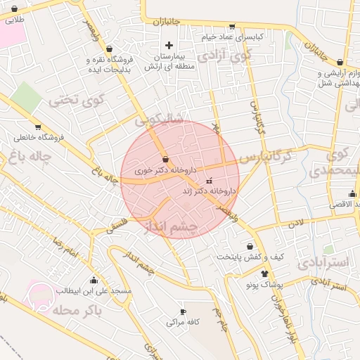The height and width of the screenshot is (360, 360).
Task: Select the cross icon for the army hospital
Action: (169, 45)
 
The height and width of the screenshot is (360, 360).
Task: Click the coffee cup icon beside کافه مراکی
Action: (184, 311)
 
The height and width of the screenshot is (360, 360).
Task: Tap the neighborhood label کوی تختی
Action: (75, 100)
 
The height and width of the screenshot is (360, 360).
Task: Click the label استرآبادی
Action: (323, 263)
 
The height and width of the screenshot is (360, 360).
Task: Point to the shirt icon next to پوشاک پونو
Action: (264, 274)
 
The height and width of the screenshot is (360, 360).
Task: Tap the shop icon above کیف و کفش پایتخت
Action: (231, 245)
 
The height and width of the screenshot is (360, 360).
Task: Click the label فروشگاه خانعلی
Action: (39, 137)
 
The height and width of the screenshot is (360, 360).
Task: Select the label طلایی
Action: (14, 20)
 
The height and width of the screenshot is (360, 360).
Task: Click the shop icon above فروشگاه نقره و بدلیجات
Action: (109, 49)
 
